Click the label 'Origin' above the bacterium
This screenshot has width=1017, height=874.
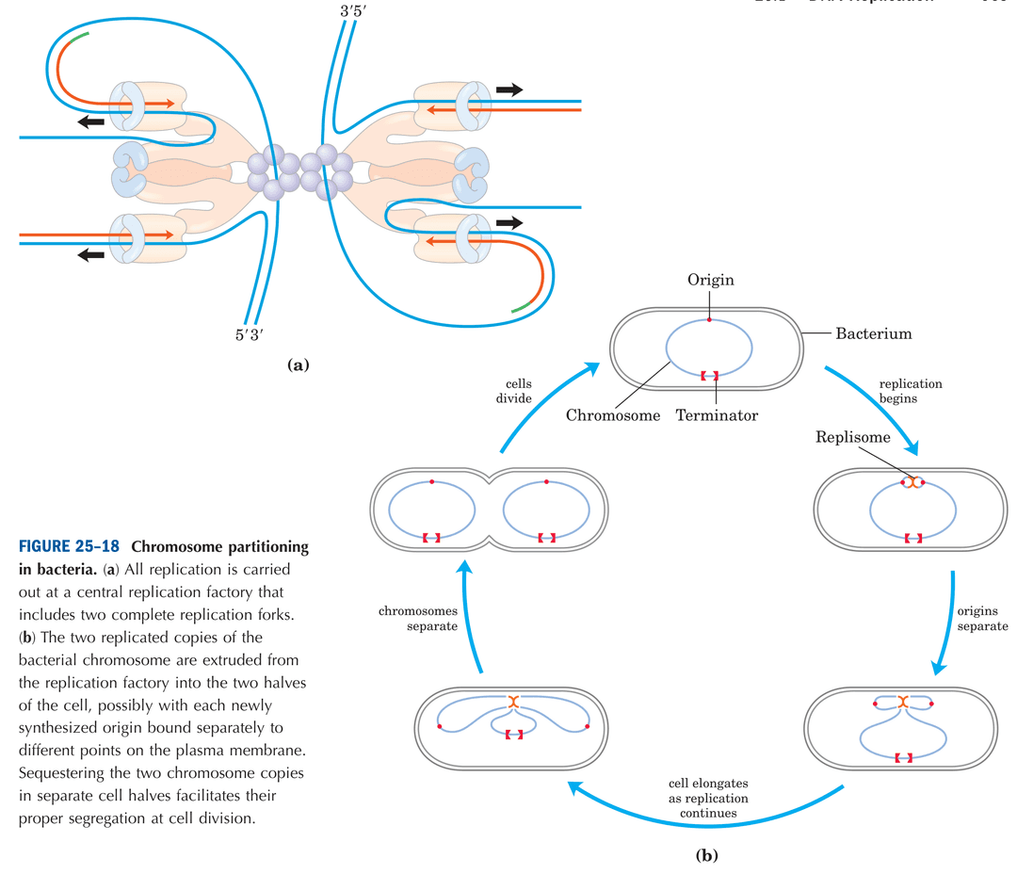coord(710,280)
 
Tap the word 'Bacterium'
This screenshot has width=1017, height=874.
coord(873,332)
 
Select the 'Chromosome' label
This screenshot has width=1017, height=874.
coord(613,414)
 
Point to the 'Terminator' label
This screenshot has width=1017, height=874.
coord(717,414)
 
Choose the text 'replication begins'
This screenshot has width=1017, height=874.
coord(910,391)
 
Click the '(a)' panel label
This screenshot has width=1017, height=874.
coord(298,364)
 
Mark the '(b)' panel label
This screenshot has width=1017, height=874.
coord(706,856)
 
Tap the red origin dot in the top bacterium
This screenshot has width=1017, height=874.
coord(709,320)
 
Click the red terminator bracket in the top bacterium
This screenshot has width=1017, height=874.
coord(709,376)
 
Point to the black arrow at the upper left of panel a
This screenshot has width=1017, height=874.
coord(91,121)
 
